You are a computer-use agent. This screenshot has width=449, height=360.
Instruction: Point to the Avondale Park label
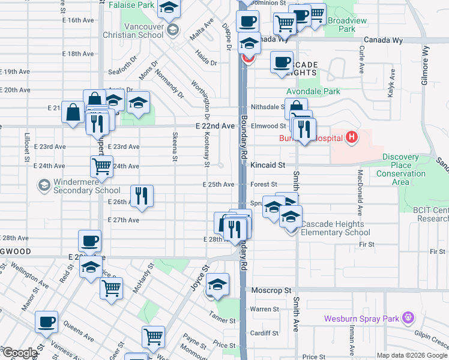coord(313,92)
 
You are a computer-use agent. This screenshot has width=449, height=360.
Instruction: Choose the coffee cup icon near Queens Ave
coord(46,322)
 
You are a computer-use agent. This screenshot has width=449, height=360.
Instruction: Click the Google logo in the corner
coord(19,353)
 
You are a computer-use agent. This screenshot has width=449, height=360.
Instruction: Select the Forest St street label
coord(264,185)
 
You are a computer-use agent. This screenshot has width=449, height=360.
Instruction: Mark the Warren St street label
coord(262,309)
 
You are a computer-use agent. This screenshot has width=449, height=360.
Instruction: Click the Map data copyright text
coord(412,355)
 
